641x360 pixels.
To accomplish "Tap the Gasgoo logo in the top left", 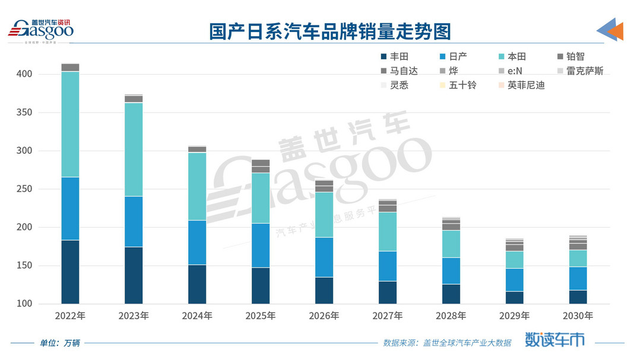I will coord(40,29).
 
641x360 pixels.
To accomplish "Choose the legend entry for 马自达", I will coord(399,71).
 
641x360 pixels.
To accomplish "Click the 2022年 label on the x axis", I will coord(70,316).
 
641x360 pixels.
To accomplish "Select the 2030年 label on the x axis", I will coord(577,316).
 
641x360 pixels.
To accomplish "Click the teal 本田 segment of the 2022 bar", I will coord(70,124).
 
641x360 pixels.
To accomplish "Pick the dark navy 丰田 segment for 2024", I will coord(197,284).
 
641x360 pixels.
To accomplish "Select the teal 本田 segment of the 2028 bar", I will coord(451,244).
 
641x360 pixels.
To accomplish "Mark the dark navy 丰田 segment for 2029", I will coord(515,297).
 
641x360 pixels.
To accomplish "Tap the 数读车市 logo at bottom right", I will coord(555,340).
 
